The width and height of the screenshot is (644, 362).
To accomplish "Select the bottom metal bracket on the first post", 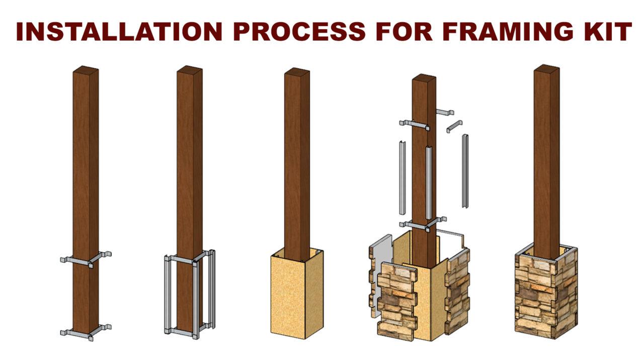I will (x=85, y=331).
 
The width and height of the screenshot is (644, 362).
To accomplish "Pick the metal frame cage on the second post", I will (x=190, y=294).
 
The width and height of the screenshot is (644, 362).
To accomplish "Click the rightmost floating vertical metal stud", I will (x=465, y=171).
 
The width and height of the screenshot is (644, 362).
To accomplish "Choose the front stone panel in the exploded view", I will (x=397, y=302).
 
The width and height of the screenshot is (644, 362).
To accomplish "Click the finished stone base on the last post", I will (x=546, y=297).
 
